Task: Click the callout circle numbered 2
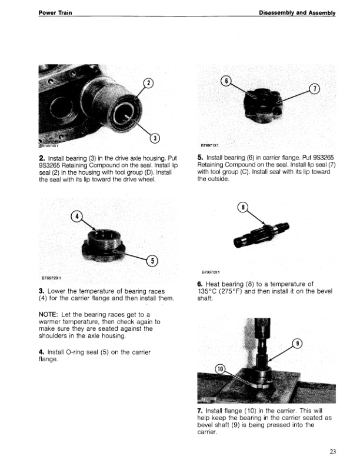pos(149,83)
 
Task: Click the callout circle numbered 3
pos(155,138)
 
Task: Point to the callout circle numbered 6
pos(224,80)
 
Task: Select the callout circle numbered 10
pos(221,369)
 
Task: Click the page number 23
pos(333,452)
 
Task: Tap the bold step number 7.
pos(201,410)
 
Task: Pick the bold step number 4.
pos(41,352)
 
